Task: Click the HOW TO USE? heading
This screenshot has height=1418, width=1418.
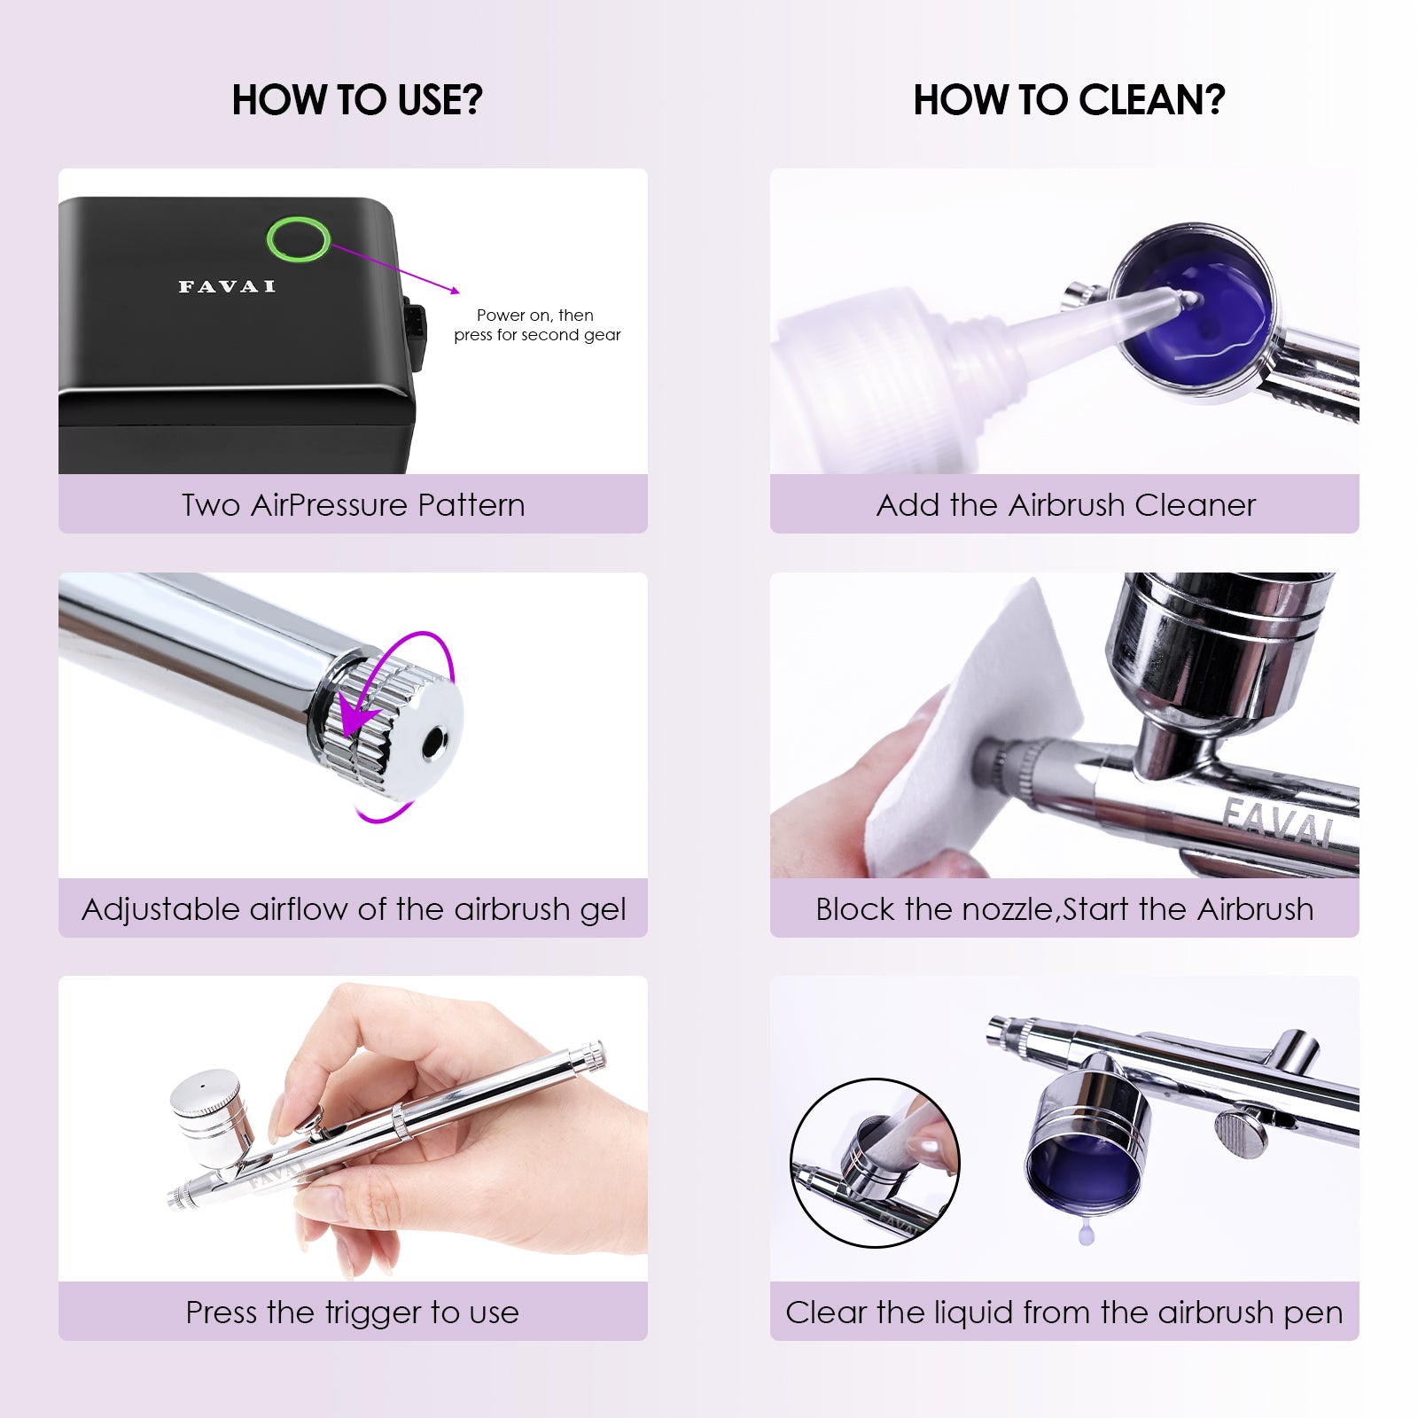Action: (x=357, y=100)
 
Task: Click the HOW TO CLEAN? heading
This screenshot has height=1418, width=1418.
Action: (x=1069, y=100)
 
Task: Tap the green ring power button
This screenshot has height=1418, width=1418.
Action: (x=299, y=239)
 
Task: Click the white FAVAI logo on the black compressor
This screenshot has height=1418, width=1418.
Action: (x=227, y=286)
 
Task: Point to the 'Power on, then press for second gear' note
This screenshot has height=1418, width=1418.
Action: (x=537, y=325)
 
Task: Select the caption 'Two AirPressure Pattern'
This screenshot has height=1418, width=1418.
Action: (x=354, y=504)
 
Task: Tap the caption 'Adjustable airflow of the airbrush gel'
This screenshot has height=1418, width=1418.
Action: (x=354, y=909)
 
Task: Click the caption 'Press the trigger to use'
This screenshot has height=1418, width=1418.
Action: (x=353, y=1313)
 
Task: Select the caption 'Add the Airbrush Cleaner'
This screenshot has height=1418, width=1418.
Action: (x=1066, y=505)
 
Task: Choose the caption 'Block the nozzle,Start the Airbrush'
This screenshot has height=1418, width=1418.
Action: (x=1064, y=909)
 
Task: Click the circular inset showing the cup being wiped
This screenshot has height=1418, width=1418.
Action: (x=875, y=1163)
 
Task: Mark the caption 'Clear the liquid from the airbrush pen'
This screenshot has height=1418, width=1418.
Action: (x=1064, y=1313)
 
